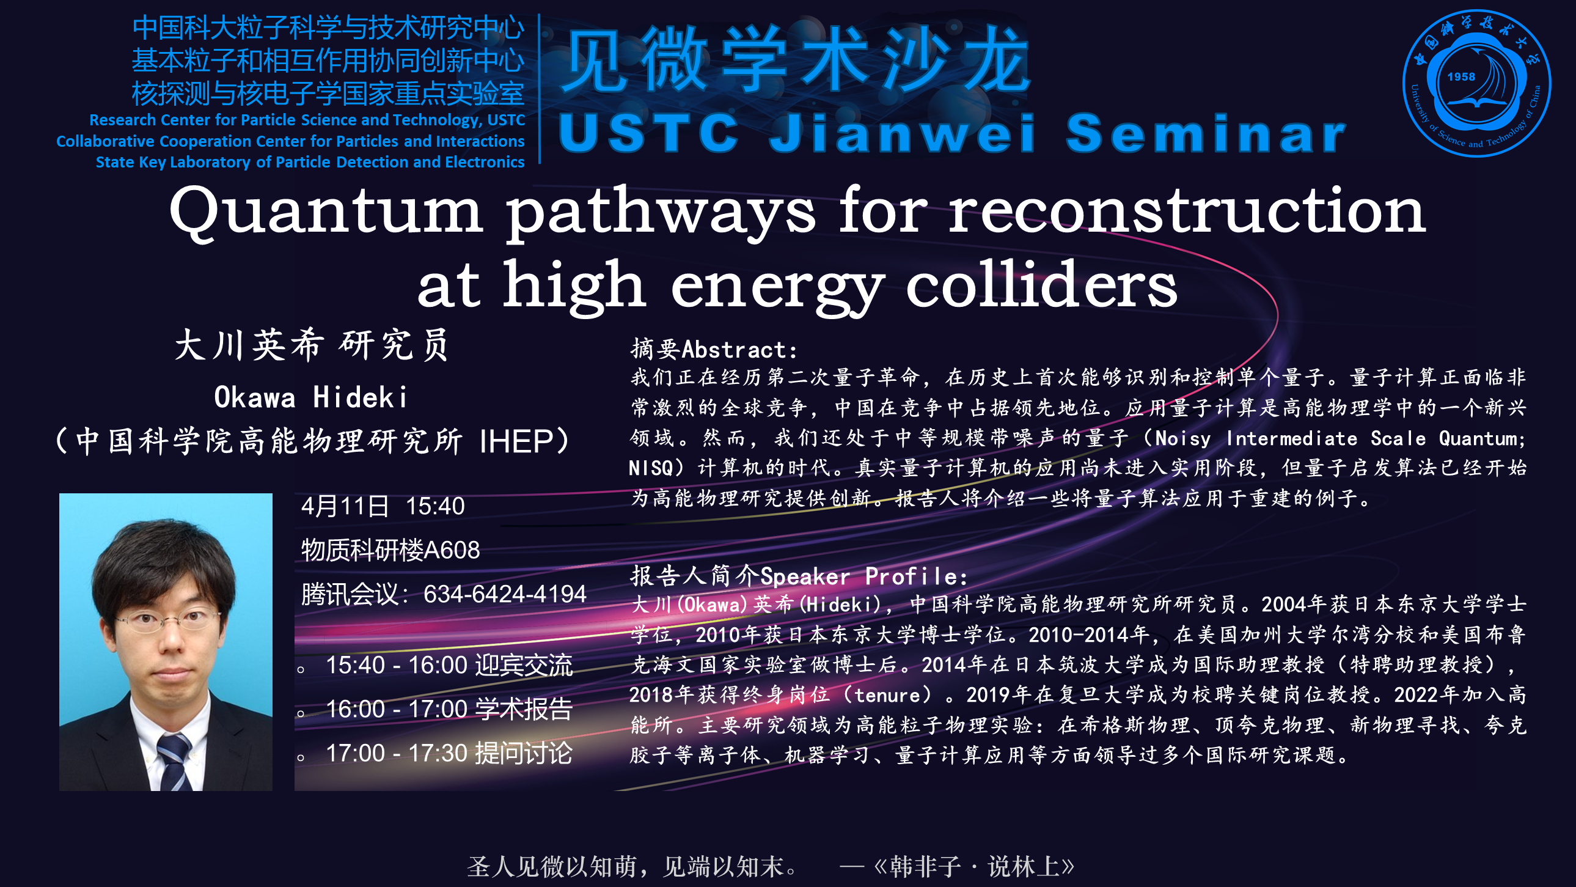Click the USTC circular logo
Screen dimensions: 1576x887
pos(1476,83)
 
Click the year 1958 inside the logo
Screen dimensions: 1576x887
pos(1461,77)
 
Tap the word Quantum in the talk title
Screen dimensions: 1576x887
pos(326,212)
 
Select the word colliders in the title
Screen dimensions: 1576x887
pos(1041,283)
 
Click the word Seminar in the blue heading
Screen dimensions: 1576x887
pos(1206,133)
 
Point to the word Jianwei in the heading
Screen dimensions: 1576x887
pos(902,133)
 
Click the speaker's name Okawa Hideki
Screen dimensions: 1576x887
pos(311,397)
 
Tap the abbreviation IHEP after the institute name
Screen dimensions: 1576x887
pos(517,441)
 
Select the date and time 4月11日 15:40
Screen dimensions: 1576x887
pos(383,506)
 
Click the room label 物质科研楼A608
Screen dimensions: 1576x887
pos(390,550)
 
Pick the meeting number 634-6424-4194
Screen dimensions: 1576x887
pos(505,594)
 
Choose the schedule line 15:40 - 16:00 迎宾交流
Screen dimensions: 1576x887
pos(449,664)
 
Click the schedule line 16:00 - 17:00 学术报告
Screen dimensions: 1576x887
pos(449,709)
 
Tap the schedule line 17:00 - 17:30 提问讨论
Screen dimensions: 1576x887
pos(449,753)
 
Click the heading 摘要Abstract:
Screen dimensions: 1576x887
pos(714,349)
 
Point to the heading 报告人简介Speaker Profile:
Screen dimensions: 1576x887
pos(799,575)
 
